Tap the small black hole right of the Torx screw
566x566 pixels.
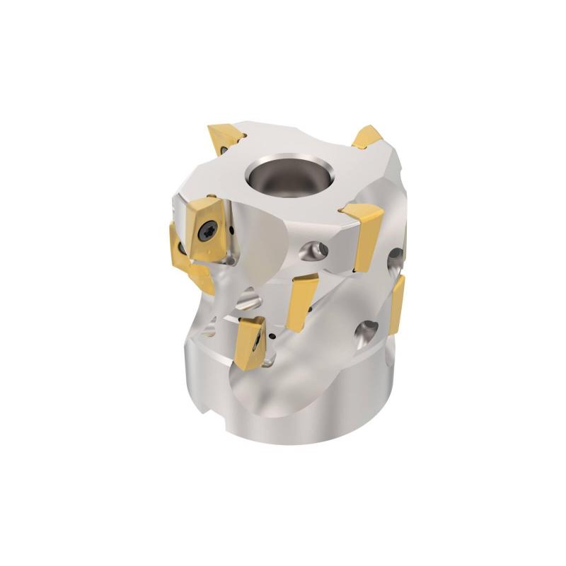(x=231, y=230)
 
